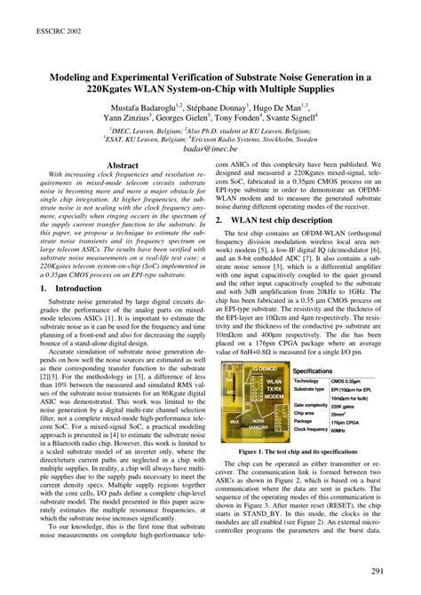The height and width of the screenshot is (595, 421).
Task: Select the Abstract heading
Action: (x=122, y=165)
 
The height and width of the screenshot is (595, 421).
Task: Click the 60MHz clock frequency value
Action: (x=342, y=429)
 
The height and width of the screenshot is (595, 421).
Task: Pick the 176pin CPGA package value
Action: (x=349, y=420)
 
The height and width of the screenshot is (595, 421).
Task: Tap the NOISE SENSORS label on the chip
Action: (x=258, y=422)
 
